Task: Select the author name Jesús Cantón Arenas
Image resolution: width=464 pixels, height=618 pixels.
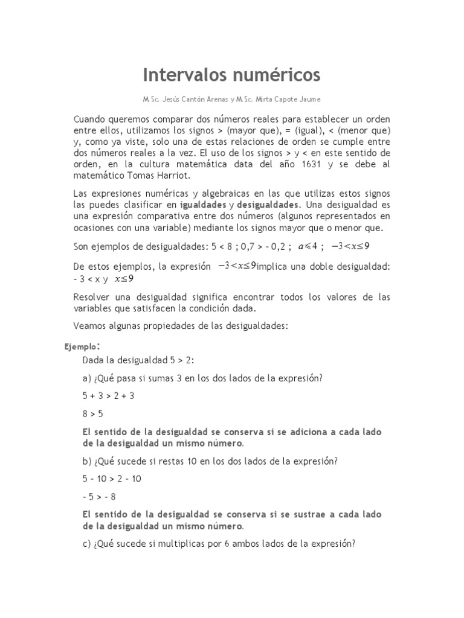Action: tap(192, 99)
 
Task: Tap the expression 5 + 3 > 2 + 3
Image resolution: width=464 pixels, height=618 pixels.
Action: tap(108, 396)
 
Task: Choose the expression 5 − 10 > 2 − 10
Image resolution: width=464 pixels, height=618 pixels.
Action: tap(112, 479)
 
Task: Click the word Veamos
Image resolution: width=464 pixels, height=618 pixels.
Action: tap(92, 326)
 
